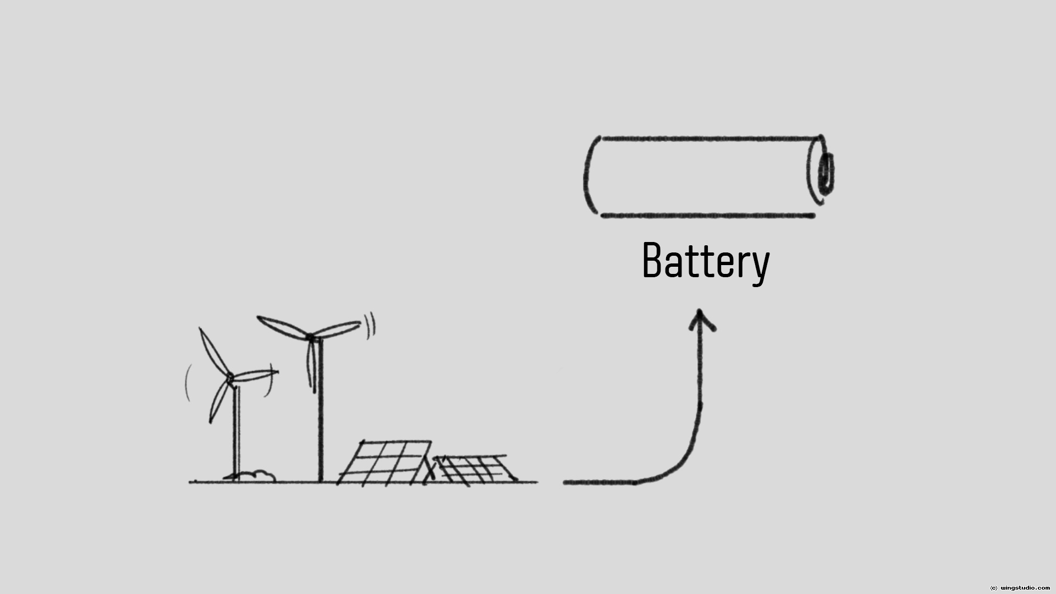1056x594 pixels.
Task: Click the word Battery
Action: coord(706,261)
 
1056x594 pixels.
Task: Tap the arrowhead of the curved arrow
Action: coord(700,319)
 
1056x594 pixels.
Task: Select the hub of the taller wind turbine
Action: coord(311,337)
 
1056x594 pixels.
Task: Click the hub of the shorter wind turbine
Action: coord(230,377)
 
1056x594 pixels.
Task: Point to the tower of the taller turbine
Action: coord(320,418)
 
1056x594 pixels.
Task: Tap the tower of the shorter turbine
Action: coord(237,435)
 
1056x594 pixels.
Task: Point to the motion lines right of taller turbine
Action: coord(370,324)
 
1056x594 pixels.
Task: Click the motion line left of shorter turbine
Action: coord(188,382)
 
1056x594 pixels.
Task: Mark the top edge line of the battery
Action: coord(710,139)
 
